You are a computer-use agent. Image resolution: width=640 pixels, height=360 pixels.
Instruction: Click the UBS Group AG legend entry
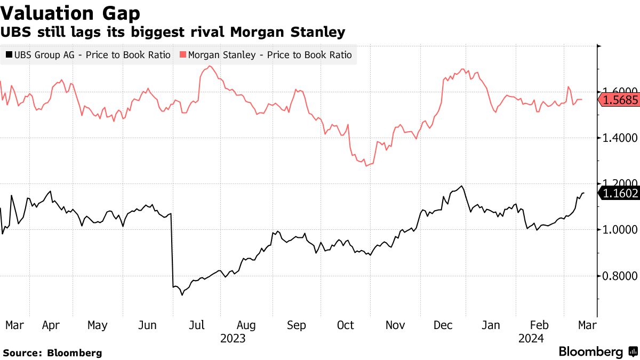88,55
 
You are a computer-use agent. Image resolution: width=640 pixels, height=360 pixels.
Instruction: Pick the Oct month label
346,325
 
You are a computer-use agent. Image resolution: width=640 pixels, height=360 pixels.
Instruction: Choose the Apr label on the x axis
51,325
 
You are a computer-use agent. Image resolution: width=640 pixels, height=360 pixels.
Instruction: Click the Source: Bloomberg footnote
52,353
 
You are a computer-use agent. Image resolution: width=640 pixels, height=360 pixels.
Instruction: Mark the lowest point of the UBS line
182,295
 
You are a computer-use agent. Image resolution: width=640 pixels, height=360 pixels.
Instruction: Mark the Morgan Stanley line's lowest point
366,166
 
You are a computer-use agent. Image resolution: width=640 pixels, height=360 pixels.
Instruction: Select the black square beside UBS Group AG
9,55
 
